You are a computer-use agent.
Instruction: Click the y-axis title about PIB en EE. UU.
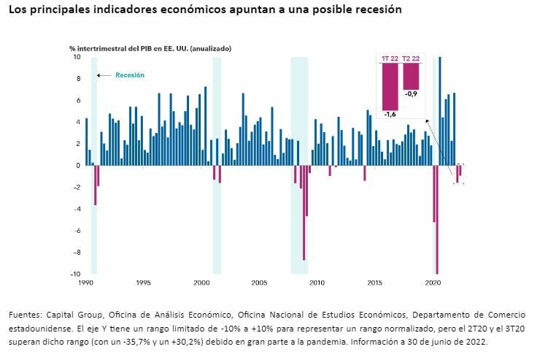click(150, 48)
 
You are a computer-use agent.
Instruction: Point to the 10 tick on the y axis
click(77, 56)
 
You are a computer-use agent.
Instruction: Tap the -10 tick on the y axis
click(75, 274)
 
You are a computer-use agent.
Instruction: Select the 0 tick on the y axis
click(78, 165)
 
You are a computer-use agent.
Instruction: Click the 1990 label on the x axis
click(85, 282)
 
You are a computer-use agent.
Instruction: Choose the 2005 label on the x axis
click(259, 282)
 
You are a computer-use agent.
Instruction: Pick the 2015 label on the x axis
click(375, 282)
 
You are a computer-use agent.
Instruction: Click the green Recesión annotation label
click(130, 75)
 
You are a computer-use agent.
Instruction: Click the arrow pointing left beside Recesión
click(104, 75)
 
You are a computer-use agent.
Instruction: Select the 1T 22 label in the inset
click(390, 58)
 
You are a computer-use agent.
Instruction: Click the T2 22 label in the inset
click(411, 58)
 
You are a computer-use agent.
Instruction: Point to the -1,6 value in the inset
click(390, 115)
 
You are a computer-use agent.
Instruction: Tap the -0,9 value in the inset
click(411, 94)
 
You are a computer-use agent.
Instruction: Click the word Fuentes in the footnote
click(25, 314)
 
